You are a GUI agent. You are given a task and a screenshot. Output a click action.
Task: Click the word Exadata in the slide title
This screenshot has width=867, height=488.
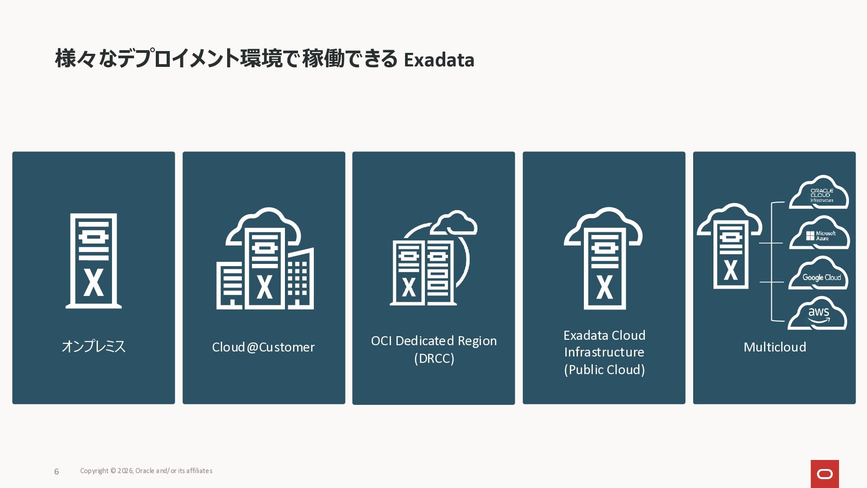(439, 60)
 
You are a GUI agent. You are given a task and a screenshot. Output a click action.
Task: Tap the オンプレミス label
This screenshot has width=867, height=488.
(93, 347)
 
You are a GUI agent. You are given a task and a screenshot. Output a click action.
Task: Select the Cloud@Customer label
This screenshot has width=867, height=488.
(263, 347)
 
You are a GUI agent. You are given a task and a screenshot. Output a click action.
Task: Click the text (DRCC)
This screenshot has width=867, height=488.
(434, 358)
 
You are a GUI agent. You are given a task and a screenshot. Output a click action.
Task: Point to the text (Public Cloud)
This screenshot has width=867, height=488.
(604, 370)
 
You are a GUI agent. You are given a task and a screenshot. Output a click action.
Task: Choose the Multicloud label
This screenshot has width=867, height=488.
(774, 347)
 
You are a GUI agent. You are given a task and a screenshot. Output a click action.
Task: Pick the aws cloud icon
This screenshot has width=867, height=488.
(818, 314)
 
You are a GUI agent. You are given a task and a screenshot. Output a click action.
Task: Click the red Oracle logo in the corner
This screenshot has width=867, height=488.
(825, 474)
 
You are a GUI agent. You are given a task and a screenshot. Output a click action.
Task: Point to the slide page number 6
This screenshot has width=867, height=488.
(56, 472)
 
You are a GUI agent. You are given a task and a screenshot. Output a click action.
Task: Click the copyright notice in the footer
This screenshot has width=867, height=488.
(146, 471)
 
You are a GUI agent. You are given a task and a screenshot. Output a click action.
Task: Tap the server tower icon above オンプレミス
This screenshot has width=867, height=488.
(93, 261)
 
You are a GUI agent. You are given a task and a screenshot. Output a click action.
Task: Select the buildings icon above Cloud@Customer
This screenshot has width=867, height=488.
(265, 260)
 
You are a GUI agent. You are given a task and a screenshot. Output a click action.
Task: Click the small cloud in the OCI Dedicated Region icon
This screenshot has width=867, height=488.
(454, 223)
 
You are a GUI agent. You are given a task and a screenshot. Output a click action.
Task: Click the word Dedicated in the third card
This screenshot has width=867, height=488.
(424, 341)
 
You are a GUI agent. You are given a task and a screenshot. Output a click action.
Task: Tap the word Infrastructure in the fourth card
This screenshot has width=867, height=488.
(604, 352)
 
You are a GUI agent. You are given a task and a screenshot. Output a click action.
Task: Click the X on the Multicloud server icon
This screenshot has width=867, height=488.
(731, 270)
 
